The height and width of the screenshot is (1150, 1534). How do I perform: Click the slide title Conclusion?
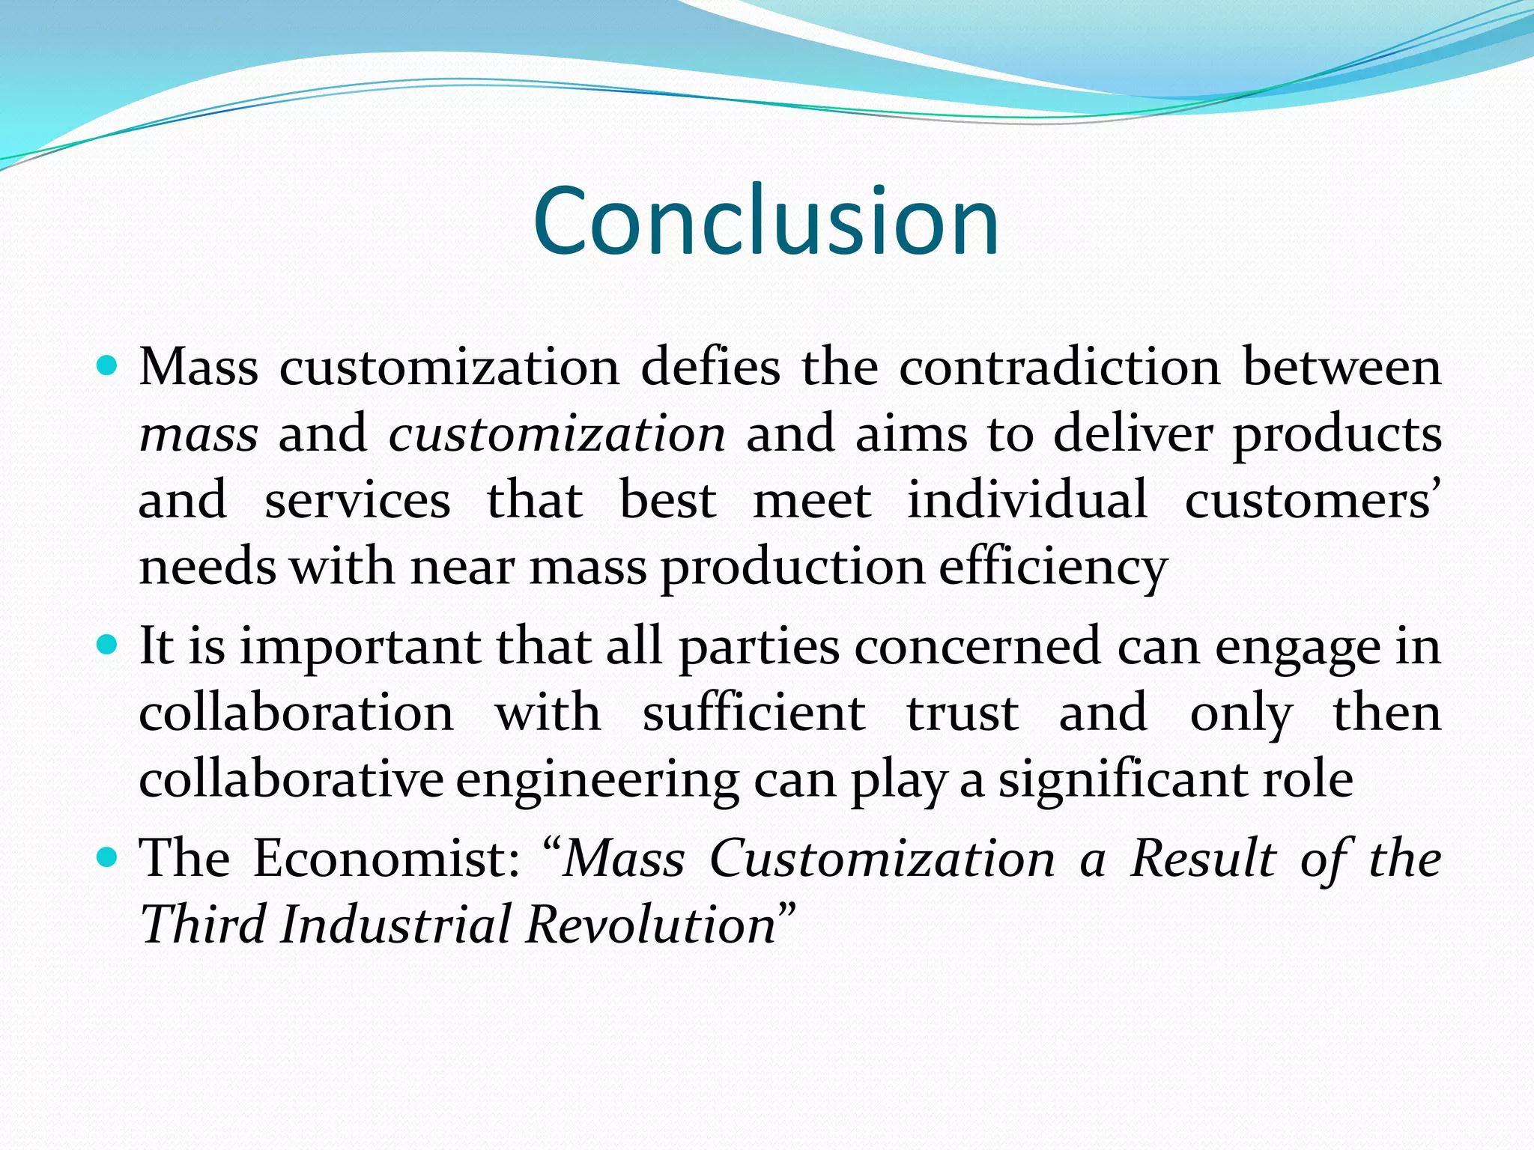(x=766, y=222)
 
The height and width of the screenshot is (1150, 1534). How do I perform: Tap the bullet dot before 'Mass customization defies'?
(x=108, y=366)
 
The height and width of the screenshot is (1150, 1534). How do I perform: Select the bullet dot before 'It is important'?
(x=108, y=644)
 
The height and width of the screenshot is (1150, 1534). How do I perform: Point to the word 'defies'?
(x=710, y=368)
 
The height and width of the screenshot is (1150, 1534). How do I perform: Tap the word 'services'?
(x=357, y=500)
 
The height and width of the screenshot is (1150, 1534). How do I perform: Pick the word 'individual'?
(x=1027, y=500)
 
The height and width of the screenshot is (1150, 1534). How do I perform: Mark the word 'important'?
(x=360, y=648)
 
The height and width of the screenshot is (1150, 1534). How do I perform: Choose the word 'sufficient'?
(x=754, y=713)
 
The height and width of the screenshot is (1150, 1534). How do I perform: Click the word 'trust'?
(x=962, y=714)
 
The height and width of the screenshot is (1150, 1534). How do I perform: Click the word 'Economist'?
(x=386, y=858)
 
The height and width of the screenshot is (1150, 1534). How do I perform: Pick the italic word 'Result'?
(x=1203, y=858)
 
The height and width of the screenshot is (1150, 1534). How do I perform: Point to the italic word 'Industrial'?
(x=395, y=925)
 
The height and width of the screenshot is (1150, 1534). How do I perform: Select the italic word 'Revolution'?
(x=650, y=925)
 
